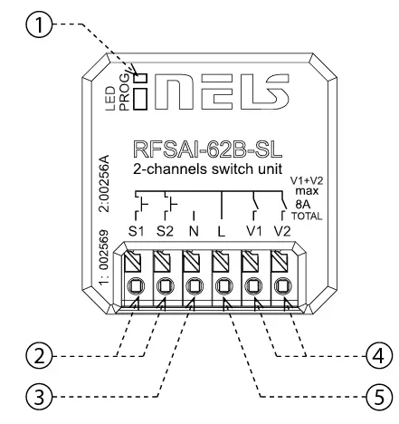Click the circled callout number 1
pyautogui.click(x=40, y=24)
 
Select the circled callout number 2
pyautogui.click(x=40, y=356)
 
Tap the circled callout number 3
pyautogui.click(x=40, y=397)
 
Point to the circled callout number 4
pyautogui.click(x=379, y=356)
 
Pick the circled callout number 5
pyautogui.click(x=379, y=397)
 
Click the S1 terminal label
pyautogui.click(x=136, y=231)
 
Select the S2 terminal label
pyautogui.click(x=165, y=231)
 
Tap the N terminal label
pyautogui.click(x=194, y=231)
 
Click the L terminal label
pyautogui.click(x=222, y=231)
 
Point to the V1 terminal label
pyautogui.click(x=253, y=231)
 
